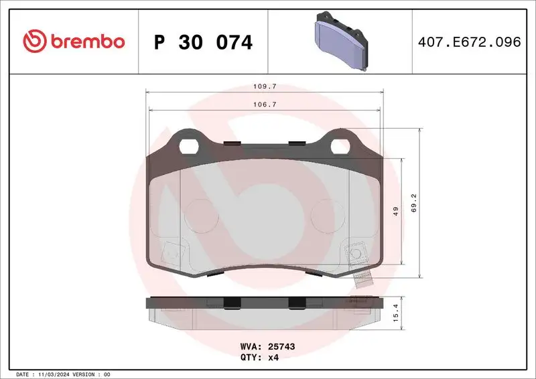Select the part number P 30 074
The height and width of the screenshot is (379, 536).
(203, 43)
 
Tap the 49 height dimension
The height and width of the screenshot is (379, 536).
(396, 212)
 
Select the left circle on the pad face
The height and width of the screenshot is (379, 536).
(197, 212)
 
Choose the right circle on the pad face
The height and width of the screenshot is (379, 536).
(328, 212)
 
